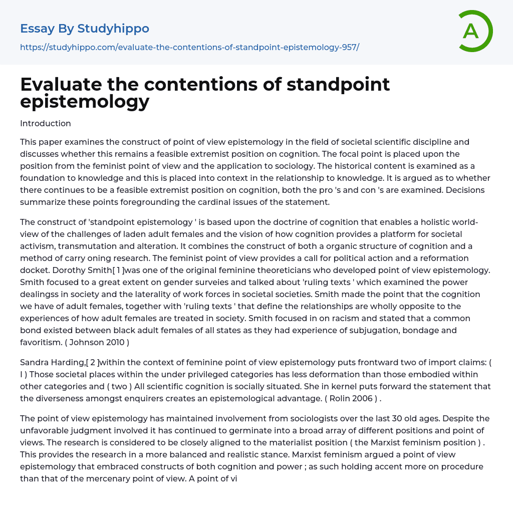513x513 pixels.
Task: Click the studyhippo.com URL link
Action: (x=189, y=47)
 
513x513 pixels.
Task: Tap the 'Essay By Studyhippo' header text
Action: (x=85, y=29)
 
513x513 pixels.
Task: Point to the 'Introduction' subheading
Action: (x=46, y=123)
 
